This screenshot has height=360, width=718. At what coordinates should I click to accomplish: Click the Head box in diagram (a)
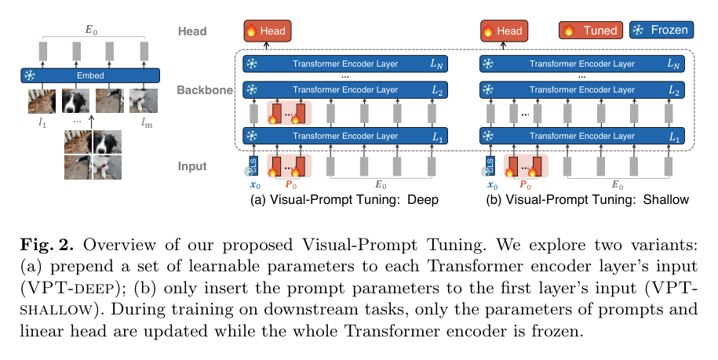267,31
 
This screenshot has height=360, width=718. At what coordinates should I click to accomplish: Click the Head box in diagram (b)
504,31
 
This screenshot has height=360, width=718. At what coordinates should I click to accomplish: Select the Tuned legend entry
591,30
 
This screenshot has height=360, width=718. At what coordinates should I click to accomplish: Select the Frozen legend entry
662,30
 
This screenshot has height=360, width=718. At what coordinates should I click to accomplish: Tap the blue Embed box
90,75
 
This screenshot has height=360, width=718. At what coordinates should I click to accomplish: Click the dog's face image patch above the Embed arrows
75,100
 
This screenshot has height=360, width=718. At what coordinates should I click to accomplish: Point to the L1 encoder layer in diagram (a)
345,136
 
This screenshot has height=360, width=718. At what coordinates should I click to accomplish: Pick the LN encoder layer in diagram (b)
582,64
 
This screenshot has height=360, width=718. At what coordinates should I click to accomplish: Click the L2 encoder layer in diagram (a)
345,89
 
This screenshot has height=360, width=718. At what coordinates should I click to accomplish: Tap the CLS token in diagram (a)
253,165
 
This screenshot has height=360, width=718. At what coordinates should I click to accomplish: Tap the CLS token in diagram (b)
490,165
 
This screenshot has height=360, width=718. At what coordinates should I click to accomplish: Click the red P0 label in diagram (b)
525,185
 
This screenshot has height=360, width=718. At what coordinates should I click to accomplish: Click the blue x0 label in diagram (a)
255,185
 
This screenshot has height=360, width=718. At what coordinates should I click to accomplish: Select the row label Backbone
205,90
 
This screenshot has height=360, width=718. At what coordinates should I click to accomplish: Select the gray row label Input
192,166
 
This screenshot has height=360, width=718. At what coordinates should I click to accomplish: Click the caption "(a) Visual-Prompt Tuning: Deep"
344,200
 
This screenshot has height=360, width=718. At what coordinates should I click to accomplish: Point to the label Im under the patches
147,123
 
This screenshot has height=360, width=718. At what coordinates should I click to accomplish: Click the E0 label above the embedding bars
92,30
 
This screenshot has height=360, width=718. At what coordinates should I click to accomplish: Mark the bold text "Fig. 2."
47,245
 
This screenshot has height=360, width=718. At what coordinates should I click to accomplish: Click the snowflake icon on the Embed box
30,75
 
